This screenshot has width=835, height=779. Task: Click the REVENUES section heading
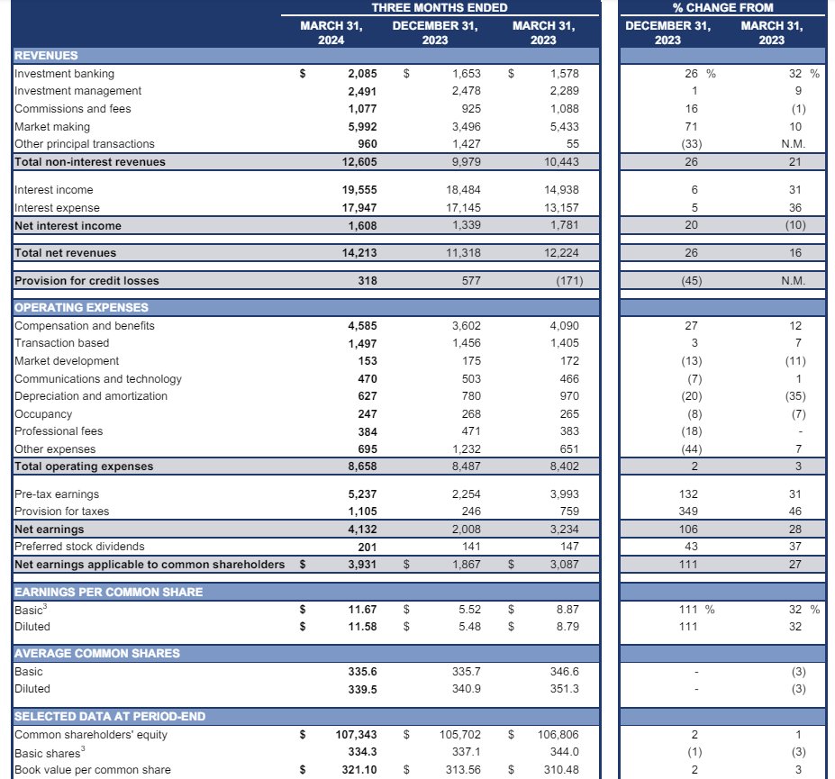(x=46, y=56)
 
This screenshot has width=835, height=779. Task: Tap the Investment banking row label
(x=65, y=74)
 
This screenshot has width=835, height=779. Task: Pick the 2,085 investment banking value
(x=362, y=74)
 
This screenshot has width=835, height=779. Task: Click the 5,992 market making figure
(x=362, y=127)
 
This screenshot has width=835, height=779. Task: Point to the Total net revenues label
(x=66, y=253)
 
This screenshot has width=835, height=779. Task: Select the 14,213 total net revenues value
(x=359, y=253)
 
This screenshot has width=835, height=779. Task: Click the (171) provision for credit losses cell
(x=564, y=281)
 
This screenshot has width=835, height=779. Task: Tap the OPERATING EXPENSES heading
(x=81, y=308)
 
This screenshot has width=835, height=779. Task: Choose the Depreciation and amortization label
(x=91, y=396)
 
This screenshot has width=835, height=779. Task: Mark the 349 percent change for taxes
(x=690, y=512)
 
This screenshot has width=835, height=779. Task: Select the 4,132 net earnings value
(x=362, y=530)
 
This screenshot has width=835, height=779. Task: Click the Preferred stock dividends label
(x=79, y=547)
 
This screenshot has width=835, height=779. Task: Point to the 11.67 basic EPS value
(x=362, y=610)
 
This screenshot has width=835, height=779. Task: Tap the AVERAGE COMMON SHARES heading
(x=97, y=654)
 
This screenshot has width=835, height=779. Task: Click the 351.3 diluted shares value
(x=564, y=689)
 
